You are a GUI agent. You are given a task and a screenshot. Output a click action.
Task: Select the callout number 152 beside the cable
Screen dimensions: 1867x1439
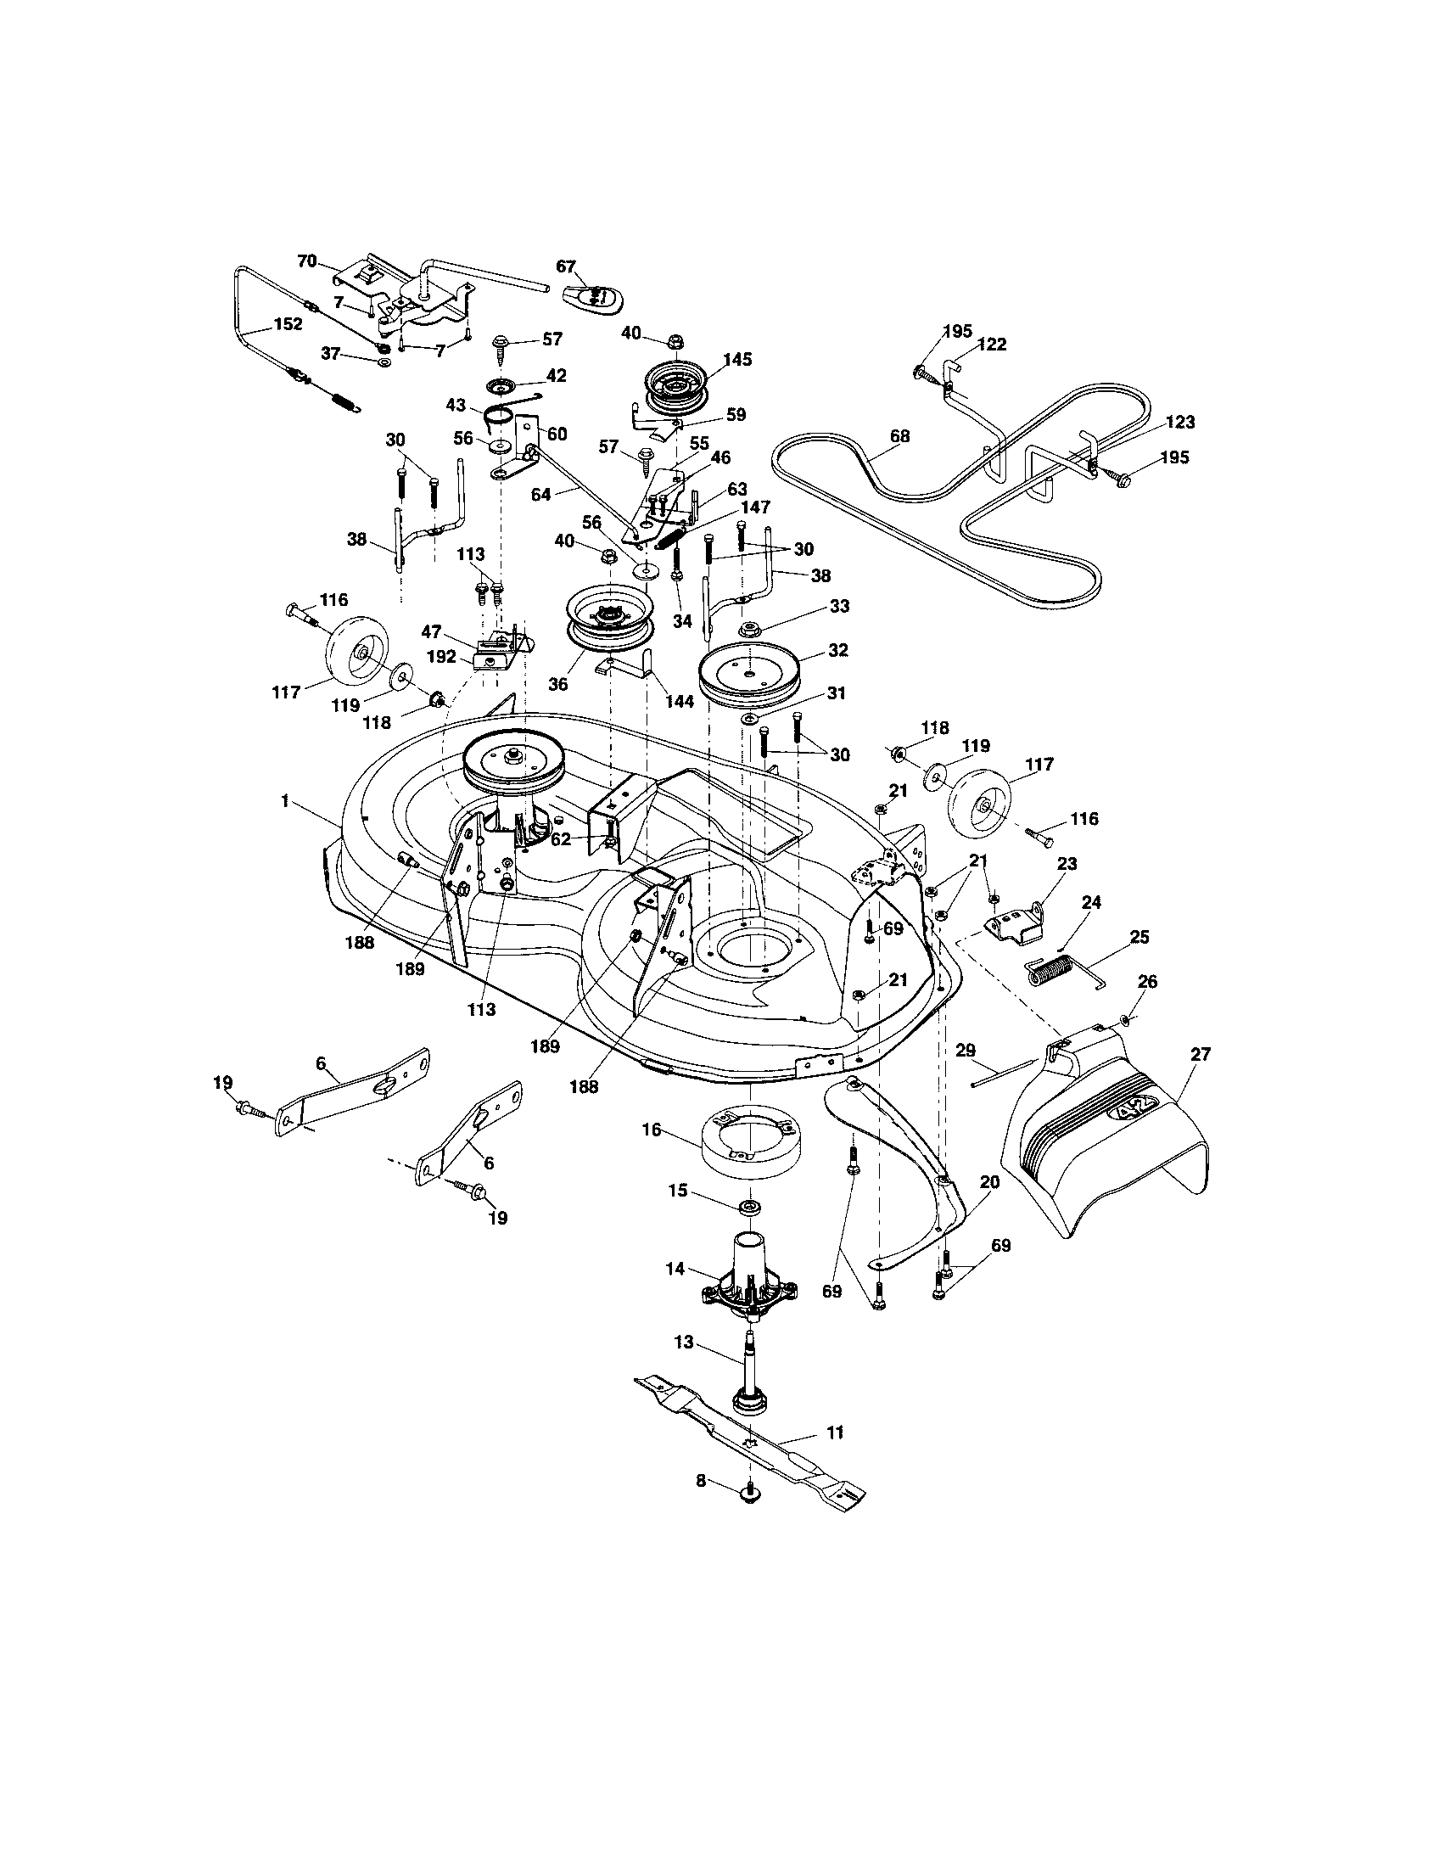287,326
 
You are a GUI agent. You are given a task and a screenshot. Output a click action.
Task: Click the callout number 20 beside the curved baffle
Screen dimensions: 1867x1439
989,1182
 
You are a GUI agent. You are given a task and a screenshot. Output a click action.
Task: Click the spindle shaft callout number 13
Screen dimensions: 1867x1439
684,1343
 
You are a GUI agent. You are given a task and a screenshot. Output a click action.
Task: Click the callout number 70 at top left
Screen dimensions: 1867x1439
307,261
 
